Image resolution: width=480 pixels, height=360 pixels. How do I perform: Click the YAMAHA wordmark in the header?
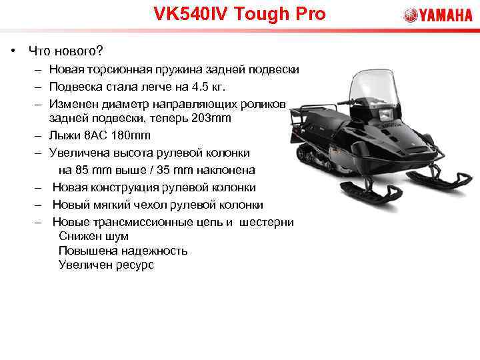(x=446, y=15)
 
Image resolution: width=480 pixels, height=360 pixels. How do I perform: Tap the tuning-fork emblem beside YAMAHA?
(x=410, y=15)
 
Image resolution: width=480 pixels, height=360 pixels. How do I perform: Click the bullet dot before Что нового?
(x=13, y=51)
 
